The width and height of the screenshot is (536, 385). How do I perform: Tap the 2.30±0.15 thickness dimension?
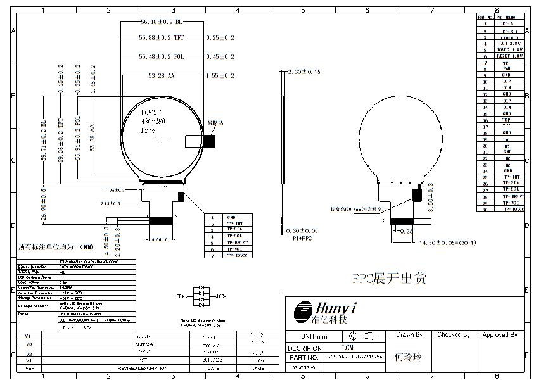[x=305, y=72]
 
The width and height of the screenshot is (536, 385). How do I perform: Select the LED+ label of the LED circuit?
[x=179, y=296]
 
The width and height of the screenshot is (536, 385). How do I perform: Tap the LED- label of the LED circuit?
[x=221, y=296]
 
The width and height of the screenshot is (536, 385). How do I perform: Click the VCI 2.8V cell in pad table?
[x=511, y=43]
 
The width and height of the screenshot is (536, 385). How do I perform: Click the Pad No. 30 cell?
[x=485, y=208]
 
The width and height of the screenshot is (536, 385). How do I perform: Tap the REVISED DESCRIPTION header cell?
[x=143, y=367]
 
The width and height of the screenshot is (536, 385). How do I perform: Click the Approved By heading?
[x=500, y=334]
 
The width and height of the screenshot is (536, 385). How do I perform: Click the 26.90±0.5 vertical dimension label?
[x=44, y=204]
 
